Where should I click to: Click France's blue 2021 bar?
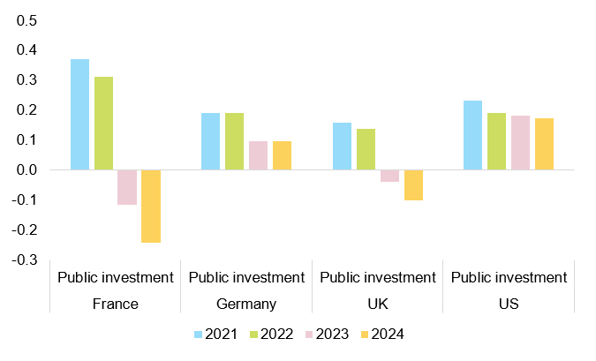[80, 114]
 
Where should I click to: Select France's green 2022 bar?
[103, 123]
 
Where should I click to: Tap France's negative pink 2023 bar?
[127, 187]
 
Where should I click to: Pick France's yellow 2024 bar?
[151, 206]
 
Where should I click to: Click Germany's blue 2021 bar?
[210, 141]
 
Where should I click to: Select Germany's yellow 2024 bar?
[282, 155]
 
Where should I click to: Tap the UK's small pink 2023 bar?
[389, 176]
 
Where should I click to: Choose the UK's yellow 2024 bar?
[413, 184]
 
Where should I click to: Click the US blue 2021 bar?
[472, 135]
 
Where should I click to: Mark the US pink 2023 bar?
[520, 142]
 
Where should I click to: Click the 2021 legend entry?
[216, 335]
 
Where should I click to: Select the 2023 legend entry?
[326, 335]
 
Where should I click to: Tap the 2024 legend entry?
[381, 335]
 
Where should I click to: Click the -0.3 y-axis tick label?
[23, 259]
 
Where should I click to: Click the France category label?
[115, 305]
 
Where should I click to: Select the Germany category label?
[246, 305]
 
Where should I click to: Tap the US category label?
[509, 305]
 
